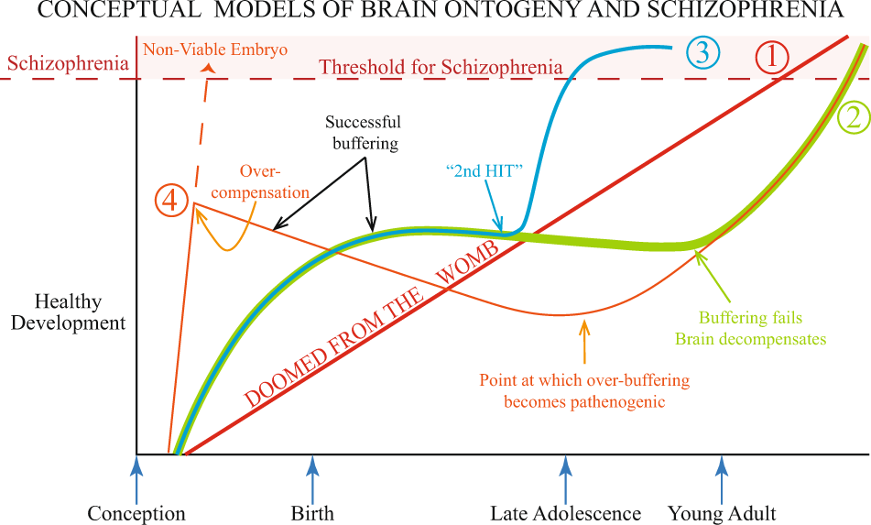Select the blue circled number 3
(702, 51)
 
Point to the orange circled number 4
(172, 200)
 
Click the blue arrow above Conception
(137, 478)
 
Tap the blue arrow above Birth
(313, 478)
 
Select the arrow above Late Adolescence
(565, 478)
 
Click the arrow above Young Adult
(722, 478)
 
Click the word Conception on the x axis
(136, 513)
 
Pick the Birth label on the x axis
(312, 513)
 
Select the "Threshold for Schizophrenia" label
(441, 66)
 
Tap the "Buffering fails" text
(750, 318)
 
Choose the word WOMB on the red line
(470, 265)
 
